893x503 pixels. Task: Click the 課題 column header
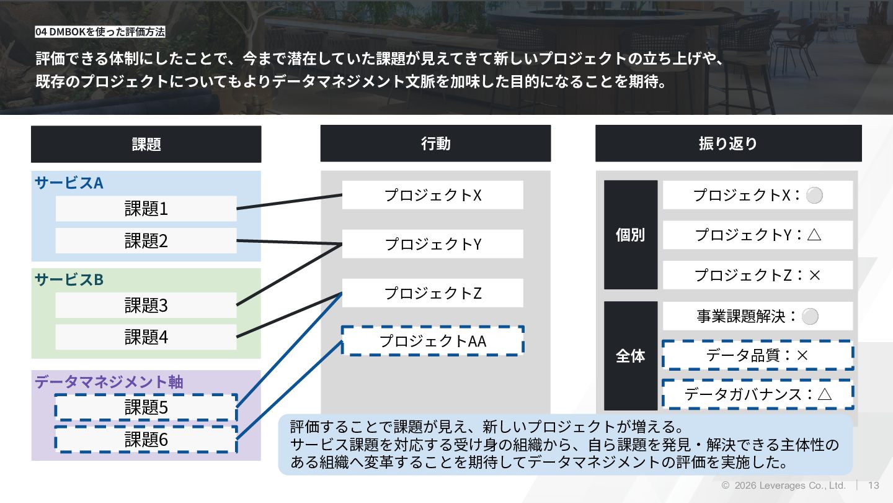coord(146,144)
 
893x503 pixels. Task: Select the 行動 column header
coord(435,143)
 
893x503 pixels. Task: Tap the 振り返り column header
coord(728,143)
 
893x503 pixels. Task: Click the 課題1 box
coord(146,209)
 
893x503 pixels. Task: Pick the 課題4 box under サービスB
coord(146,337)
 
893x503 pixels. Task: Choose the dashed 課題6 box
coord(146,440)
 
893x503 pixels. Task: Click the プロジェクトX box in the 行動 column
coord(432,195)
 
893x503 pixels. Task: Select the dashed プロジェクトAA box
coord(432,341)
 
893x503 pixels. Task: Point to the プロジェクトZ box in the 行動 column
coord(432,293)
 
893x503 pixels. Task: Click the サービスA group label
coord(69,183)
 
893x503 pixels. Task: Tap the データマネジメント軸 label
coord(109,381)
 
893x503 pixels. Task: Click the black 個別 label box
coord(630,235)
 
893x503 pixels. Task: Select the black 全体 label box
coord(630,356)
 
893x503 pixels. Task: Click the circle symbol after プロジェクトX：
coord(814,196)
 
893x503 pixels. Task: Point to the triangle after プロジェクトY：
coord(814,235)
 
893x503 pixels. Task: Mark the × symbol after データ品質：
coord(802,355)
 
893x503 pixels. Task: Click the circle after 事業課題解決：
coord(810,317)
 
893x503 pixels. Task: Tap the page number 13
coord(874,486)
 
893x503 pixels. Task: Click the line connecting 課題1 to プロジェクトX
coord(289,202)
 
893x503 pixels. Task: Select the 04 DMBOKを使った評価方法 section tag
coord(100,32)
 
